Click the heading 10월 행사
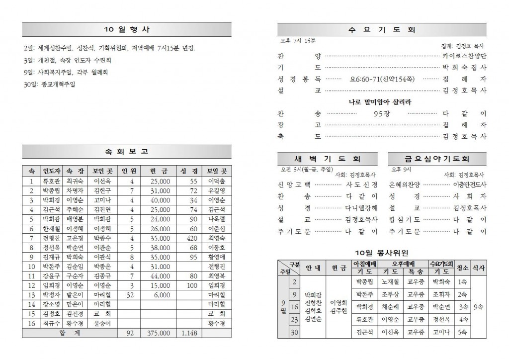(126, 29)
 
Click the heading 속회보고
(126, 151)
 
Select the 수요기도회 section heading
(382, 29)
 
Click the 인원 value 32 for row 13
(131, 295)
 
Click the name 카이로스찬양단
(465, 56)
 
